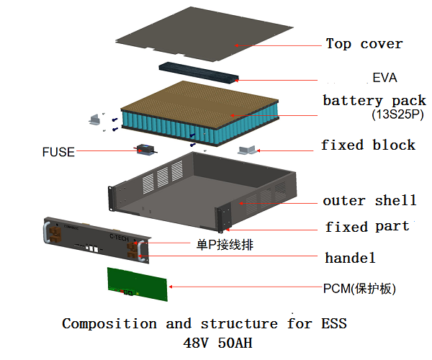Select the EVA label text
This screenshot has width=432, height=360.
[x=384, y=77]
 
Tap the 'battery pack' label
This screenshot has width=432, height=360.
[x=374, y=100]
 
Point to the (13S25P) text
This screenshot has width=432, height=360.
[x=397, y=114]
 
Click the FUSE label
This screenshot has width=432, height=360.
[x=57, y=152]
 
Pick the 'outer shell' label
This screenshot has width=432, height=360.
[x=369, y=200]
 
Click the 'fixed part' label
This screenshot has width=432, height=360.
[x=366, y=227]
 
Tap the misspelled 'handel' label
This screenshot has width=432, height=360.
[x=350, y=257]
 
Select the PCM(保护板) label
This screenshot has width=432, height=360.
[x=359, y=289]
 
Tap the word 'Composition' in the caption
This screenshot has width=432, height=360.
[x=108, y=323]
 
